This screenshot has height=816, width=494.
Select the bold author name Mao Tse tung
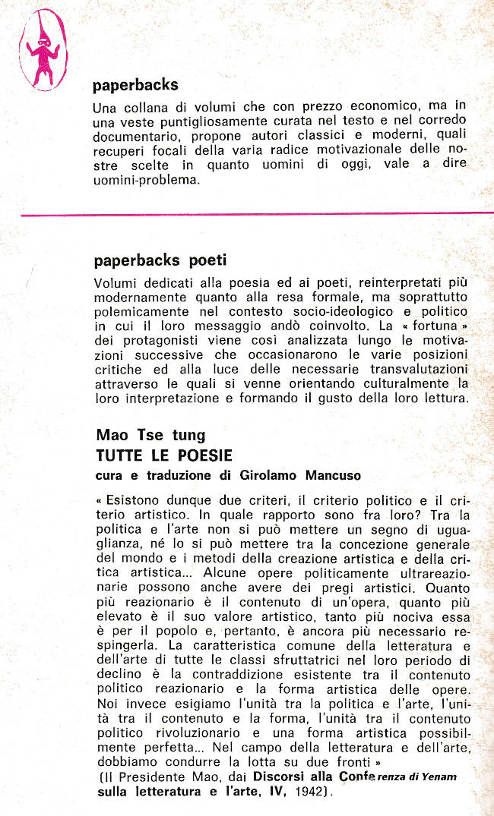tap(150, 436)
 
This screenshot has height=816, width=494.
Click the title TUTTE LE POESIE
tap(164, 455)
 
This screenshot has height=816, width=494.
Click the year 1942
tap(312, 791)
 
